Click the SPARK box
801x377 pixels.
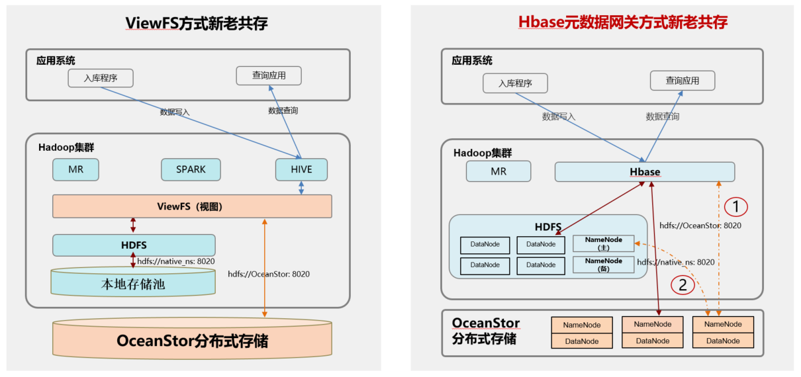[191, 169]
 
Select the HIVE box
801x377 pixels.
[301, 169]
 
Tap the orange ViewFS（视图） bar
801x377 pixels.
[192, 206]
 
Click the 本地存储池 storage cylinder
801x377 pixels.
[133, 284]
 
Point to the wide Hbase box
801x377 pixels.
[644, 172]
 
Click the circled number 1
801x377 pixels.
[735, 207]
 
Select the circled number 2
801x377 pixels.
[683, 285]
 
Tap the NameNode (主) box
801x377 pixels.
[603, 243]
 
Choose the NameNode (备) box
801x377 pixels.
[603, 265]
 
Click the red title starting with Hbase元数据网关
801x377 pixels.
[622, 22]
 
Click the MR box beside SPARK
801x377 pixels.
[76, 169]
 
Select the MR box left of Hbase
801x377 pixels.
[498, 171]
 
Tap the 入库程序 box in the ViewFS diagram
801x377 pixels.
[101, 78]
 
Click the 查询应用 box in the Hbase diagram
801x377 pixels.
[682, 81]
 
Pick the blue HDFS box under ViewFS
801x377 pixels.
[134, 245]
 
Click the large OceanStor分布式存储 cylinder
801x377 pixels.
[192, 341]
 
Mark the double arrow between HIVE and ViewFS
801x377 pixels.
[302, 188]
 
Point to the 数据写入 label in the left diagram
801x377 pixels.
[175, 112]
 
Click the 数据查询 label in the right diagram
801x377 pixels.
[662, 116]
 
